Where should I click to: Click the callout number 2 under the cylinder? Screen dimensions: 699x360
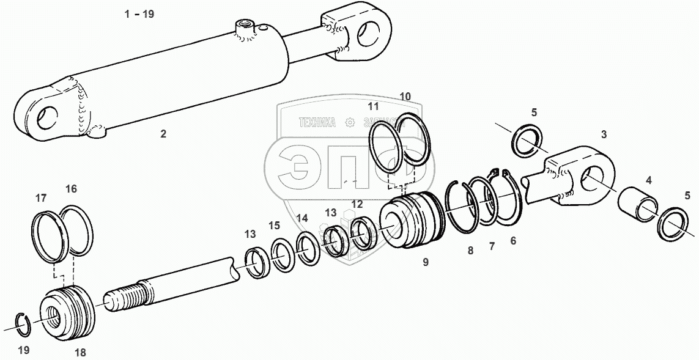pos(163,134)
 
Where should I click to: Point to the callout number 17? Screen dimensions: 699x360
pos(41,197)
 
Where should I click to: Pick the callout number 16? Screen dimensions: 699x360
pos(71,189)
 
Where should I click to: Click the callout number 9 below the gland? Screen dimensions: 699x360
pos(426,262)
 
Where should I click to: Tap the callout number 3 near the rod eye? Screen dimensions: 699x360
pos(604,134)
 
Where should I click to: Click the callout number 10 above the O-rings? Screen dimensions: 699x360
pos(405,96)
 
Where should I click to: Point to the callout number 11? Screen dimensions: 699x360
pos(374,106)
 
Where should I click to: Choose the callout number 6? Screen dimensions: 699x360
pos(512,241)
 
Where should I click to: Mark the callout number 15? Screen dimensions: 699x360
pos(275,226)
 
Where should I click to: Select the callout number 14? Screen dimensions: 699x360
pos(301,218)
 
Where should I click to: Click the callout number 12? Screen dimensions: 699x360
pos(357,204)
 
